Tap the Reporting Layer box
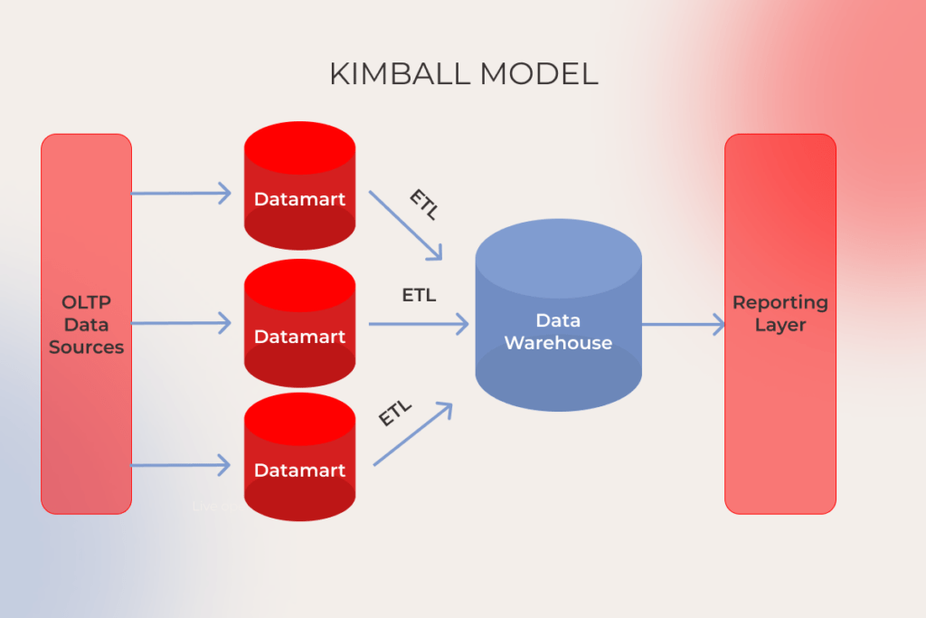tap(780, 398)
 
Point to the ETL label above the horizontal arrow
tap(419, 295)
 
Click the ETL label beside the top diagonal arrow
tap(423, 204)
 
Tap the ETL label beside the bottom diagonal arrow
tap(395, 413)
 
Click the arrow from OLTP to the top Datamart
tap(181, 193)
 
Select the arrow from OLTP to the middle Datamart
tap(181, 323)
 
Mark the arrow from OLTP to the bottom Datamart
tap(181, 466)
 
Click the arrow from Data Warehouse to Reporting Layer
tap(683, 324)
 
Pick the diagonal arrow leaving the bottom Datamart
tap(411, 435)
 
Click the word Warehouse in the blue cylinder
tap(558, 343)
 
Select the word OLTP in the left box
tap(86, 302)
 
